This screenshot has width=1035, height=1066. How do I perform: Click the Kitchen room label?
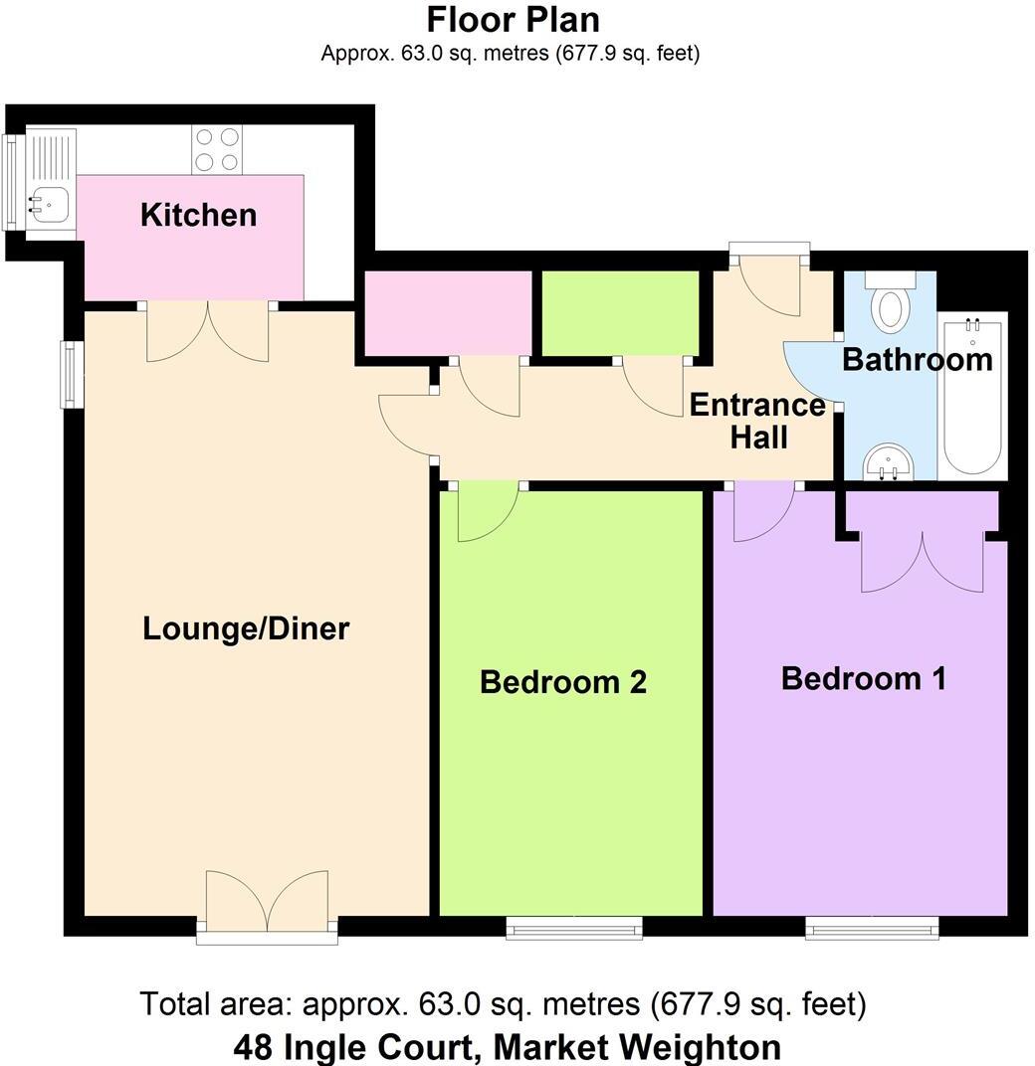coord(198,215)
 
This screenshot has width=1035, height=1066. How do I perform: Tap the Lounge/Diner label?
coord(246,628)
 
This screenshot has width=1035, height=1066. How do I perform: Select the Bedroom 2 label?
coord(562,682)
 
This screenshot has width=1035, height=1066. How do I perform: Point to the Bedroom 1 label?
coord(863,679)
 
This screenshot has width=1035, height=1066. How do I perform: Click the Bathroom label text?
coord(917,359)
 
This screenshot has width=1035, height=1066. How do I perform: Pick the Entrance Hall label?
coord(757,421)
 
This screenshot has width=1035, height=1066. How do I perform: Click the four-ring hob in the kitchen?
coord(217,149)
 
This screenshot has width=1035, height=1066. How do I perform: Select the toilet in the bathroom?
coord(890,302)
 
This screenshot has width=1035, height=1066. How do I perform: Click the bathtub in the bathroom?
coord(973,395)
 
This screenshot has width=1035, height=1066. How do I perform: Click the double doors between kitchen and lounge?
coord(207,332)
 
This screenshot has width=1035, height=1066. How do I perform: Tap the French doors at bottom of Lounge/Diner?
coord(267,904)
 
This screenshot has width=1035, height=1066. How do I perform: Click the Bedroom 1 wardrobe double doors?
coord(922,562)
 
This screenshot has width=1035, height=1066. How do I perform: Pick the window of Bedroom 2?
coord(573,929)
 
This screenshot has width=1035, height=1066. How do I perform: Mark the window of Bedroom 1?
coord(872,929)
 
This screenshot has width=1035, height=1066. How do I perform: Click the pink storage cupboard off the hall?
coord(448,312)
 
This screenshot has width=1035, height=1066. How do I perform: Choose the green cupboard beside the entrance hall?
coord(619,312)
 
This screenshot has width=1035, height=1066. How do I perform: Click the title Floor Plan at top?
coord(513,19)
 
